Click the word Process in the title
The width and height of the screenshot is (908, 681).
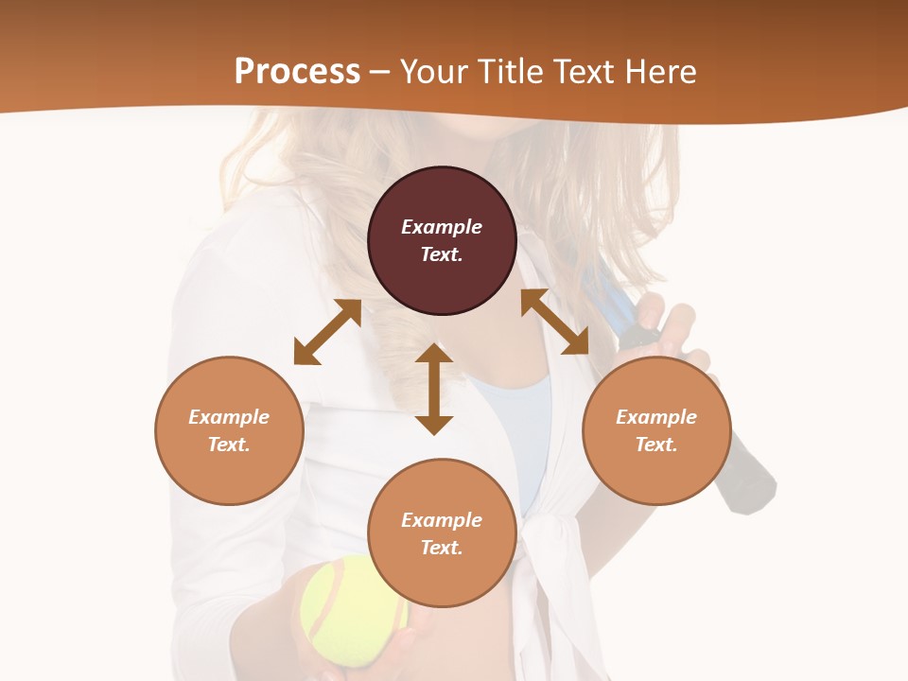pyautogui.click(x=297, y=71)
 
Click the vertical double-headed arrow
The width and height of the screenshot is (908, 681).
pyautogui.click(x=434, y=389)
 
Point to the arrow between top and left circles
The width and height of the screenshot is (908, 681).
pyautogui.click(x=327, y=332)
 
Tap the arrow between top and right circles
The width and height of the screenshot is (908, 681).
pyautogui.click(x=555, y=322)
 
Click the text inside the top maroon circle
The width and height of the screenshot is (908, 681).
pyautogui.click(x=442, y=240)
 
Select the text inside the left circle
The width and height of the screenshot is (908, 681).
pyautogui.click(x=229, y=430)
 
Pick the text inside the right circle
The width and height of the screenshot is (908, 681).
pyautogui.click(x=656, y=430)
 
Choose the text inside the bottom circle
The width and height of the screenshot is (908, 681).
pyautogui.click(x=442, y=533)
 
